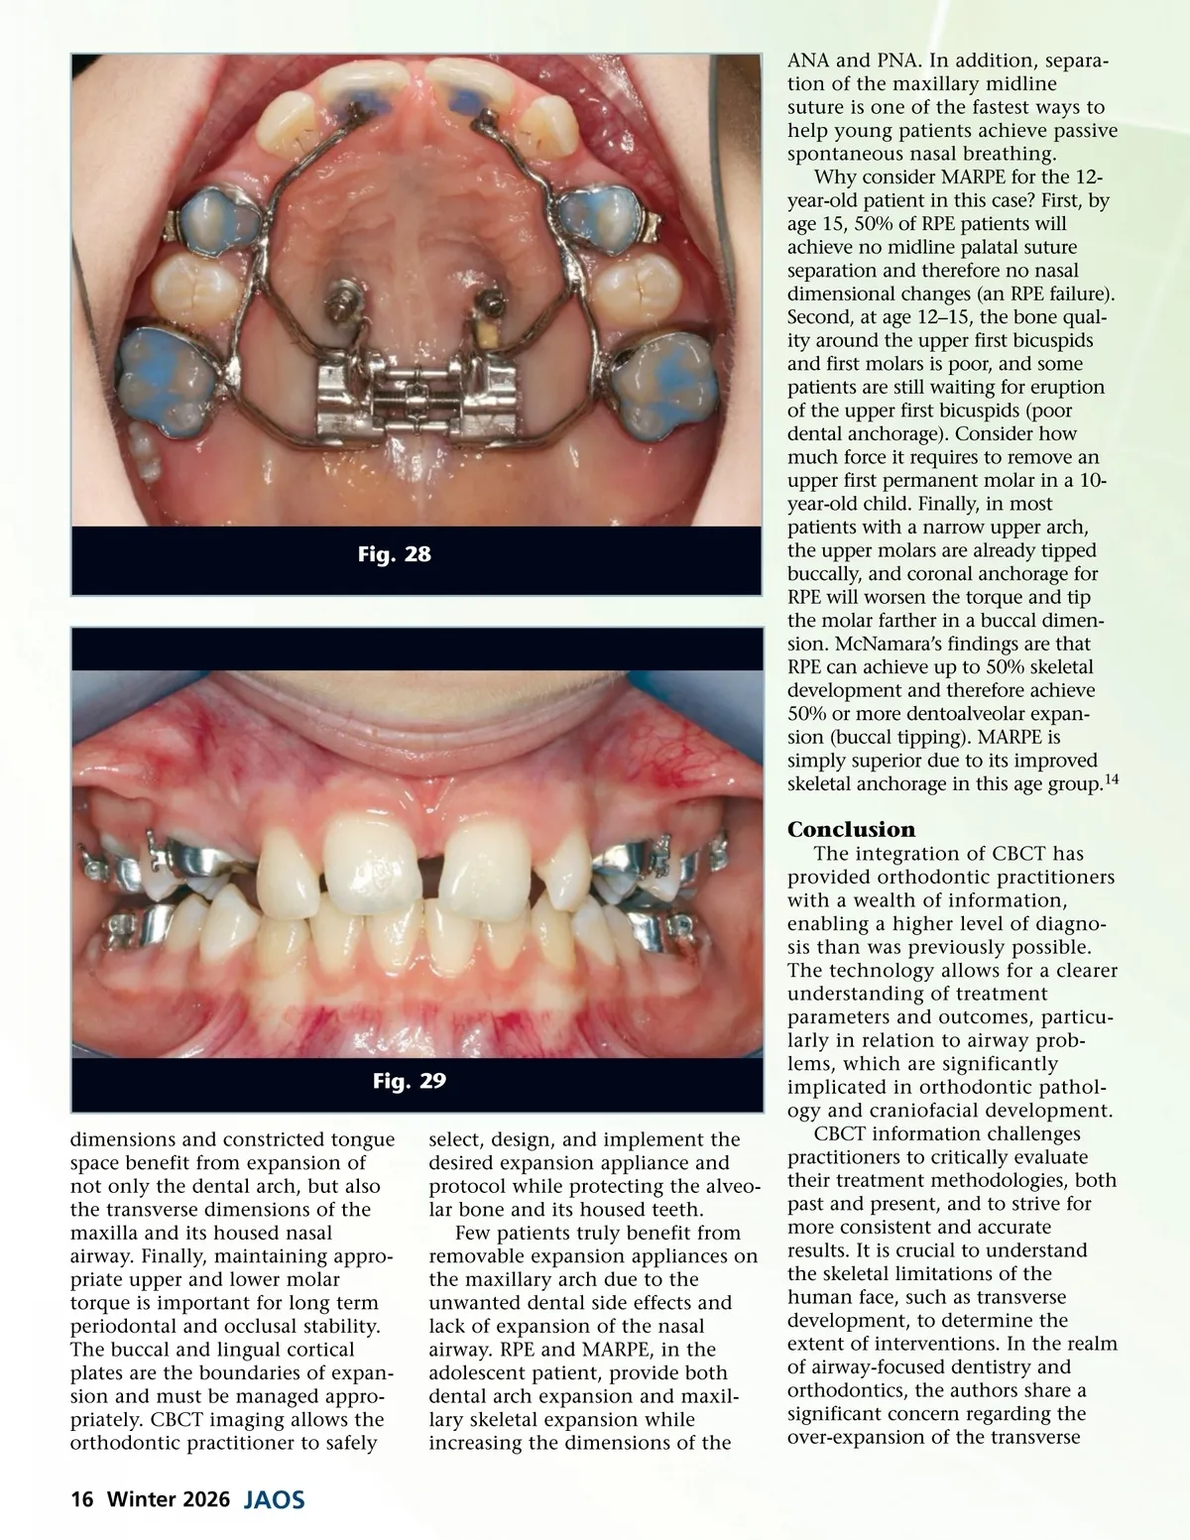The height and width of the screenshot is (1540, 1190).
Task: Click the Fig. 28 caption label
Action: [394, 554]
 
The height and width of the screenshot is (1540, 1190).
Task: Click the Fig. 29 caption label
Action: [409, 1081]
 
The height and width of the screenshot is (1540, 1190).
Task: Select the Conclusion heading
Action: [852, 829]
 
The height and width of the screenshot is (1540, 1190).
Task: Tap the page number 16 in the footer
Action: [81, 1499]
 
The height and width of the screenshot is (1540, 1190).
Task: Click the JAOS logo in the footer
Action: [274, 1499]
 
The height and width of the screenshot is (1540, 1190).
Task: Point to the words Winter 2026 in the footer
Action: [169, 1499]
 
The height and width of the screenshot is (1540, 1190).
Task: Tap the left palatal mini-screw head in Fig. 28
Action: [342, 295]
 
